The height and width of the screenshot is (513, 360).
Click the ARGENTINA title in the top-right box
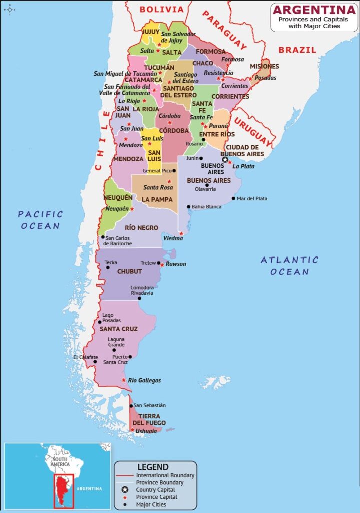click(314, 10)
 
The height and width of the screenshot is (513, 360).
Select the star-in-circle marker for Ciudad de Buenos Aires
click(225, 160)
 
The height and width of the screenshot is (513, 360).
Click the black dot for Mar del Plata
click(233, 198)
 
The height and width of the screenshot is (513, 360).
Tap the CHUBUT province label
click(129, 271)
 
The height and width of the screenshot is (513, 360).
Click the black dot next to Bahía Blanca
click(188, 206)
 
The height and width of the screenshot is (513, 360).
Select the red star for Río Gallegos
click(124, 380)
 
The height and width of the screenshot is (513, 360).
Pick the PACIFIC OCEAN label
click(41, 220)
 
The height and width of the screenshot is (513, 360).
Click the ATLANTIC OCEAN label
click(289, 266)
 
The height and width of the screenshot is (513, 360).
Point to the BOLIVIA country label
click(162, 9)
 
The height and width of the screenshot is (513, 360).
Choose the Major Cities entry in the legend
click(151, 504)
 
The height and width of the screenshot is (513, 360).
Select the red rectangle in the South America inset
click(64, 491)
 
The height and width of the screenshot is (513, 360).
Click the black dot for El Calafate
click(95, 361)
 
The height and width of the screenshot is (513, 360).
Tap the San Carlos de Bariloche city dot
click(103, 237)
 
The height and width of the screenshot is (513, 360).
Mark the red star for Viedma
click(181, 233)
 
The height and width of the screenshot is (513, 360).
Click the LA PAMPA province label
click(157, 199)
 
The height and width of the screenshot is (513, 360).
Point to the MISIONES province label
click(264, 66)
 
